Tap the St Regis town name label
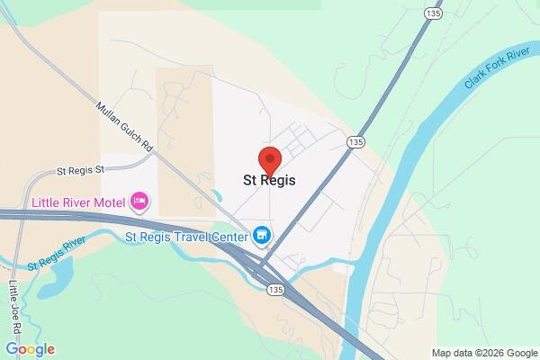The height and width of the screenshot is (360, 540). [270, 180]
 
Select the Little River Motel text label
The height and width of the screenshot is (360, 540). [78, 201]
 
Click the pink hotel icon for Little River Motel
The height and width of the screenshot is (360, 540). [139, 200]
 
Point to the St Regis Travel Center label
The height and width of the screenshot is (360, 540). [186, 238]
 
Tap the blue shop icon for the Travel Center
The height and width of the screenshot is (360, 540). [262, 236]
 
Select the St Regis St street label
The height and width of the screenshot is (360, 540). [81, 169]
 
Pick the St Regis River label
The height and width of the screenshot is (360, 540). [56, 253]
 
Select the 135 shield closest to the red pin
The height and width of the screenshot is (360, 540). [355, 142]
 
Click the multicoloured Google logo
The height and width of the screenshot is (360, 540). [30, 349]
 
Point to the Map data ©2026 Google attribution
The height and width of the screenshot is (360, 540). [483, 352]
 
